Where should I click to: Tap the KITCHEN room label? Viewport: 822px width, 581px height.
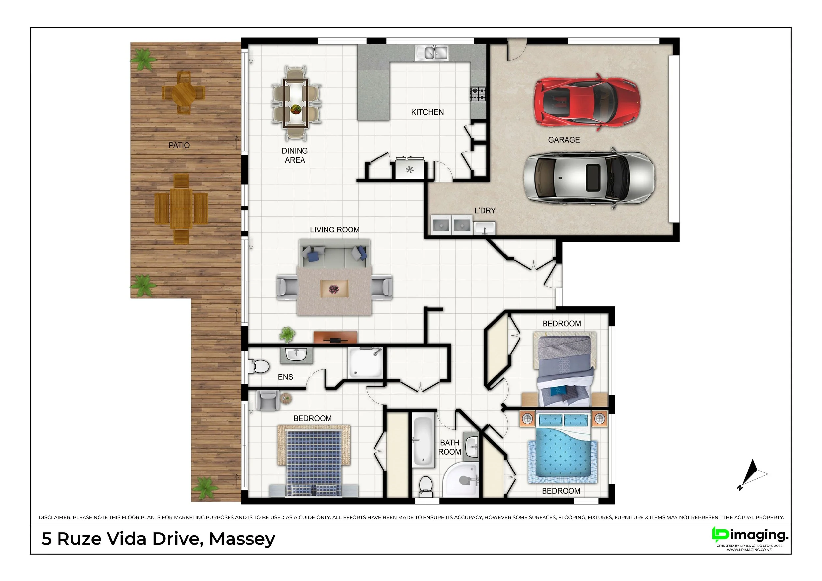tap(427, 112)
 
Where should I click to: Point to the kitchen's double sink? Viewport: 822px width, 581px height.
tap(431, 53)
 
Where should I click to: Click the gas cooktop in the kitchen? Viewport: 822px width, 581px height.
tap(478, 94)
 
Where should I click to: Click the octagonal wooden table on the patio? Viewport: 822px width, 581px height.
tap(184, 93)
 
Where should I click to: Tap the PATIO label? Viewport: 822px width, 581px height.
tap(179, 145)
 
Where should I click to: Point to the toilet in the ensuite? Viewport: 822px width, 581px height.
tap(258, 366)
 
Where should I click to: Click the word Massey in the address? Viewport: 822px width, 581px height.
tap(242, 539)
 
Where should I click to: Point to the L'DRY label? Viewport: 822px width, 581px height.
tap(485, 211)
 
